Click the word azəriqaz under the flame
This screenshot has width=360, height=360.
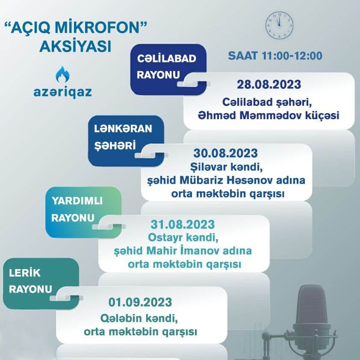pyautogui.click(x=62, y=92)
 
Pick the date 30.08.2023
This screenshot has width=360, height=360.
pyautogui.click(x=225, y=153)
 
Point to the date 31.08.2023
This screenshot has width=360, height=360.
pyautogui.click(x=183, y=224)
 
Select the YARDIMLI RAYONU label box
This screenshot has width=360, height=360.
pyautogui.click(x=83, y=210)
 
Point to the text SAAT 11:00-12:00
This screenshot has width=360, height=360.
pyautogui.click(x=275, y=56)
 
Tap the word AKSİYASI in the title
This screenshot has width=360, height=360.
pyautogui.click(x=75, y=46)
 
